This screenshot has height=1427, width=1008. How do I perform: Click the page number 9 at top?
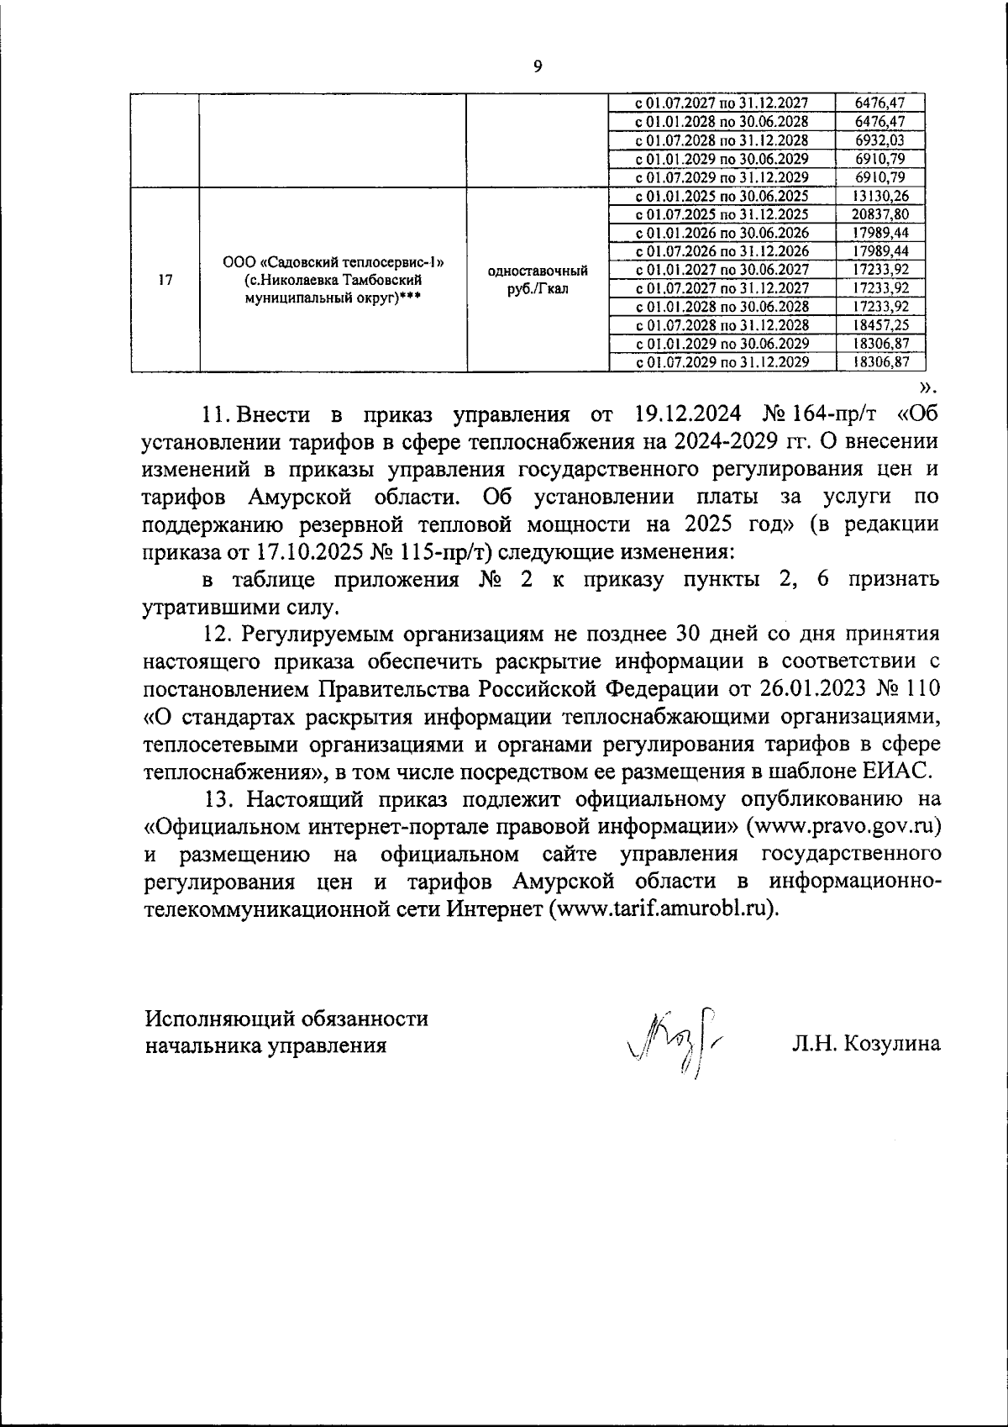[x=538, y=67]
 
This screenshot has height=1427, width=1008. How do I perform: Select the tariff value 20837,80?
[x=879, y=214]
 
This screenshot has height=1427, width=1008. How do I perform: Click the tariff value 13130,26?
[x=879, y=196]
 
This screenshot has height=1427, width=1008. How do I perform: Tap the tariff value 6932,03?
[x=879, y=140]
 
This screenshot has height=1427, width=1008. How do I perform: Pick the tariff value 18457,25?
[x=879, y=325]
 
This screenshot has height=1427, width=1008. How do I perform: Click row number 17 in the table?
[x=165, y=281]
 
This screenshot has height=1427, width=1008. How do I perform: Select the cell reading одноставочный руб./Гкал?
[x=537, y=280]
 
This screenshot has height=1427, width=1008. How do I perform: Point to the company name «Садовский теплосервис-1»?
[x=333, y=264]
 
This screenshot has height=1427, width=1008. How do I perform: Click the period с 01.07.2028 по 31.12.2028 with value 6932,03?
[x=722, y=140]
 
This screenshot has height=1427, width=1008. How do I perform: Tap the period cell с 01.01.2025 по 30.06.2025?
[x=722, y=196]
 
